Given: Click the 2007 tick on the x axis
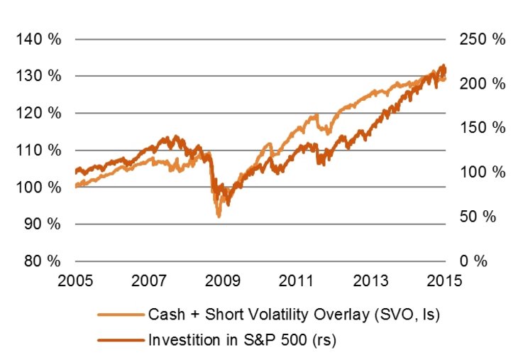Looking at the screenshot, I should click(x=149, y=279).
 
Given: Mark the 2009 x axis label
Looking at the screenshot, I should click(x=223, y=279).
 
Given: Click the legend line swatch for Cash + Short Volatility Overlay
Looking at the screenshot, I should click(x=121, y=315).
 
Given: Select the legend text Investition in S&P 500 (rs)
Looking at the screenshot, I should click(x=241, y=340).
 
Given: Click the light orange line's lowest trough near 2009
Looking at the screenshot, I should click(x=219, y=216).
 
